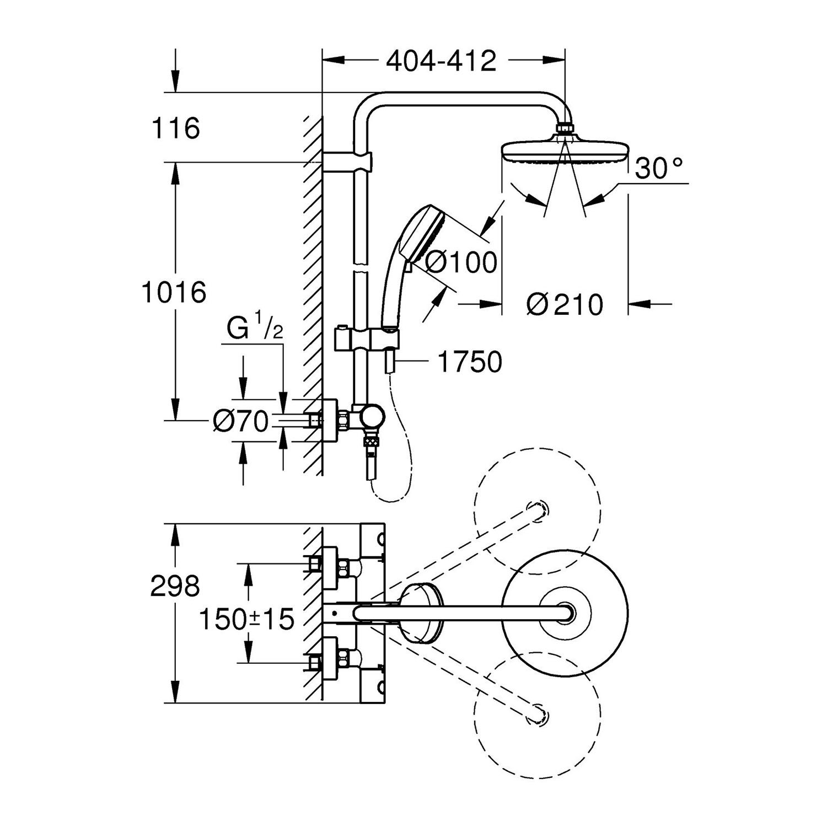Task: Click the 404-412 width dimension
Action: tap(441, 61)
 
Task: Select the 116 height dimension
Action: tap(176, 128)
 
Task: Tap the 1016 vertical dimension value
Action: tap(174, 292)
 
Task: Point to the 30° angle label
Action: tap(659, 168)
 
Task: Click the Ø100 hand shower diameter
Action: tap(461, 262)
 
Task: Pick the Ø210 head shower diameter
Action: tap(565, 304)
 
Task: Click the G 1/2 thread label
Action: tap(255, 329)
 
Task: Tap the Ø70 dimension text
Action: tap(241, 422)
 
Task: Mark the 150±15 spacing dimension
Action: tap(246, 620)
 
